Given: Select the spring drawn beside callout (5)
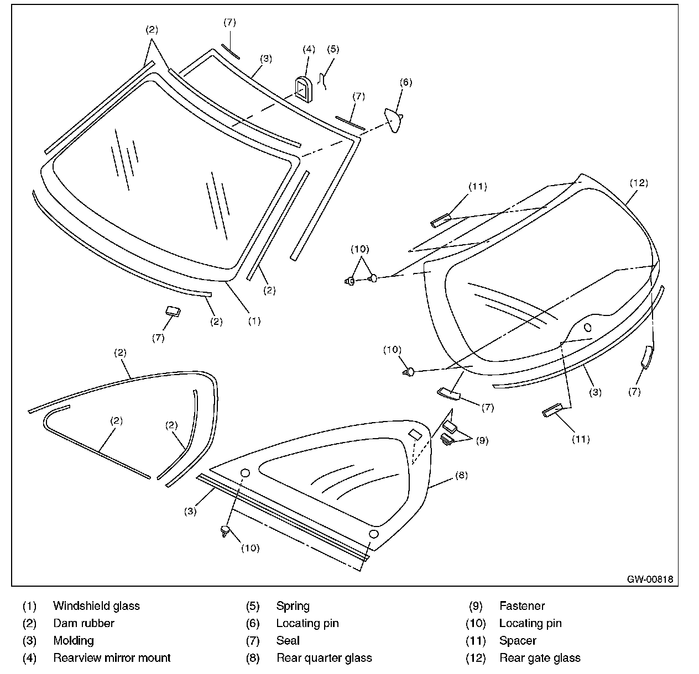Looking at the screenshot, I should pos(325,80).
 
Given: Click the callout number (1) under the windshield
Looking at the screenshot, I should pos(254,320).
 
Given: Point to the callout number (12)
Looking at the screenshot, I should pos(639,183).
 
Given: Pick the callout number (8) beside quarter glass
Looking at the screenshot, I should pos(461,475).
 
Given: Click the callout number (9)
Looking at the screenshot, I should pos(482,441).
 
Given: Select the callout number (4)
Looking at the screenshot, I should pos(309,49).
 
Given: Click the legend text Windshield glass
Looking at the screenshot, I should pos(96,605).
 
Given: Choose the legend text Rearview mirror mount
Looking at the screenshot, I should pos(112,657).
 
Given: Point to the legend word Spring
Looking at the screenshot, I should pos(293,606).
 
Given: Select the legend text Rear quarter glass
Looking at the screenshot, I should pos(324,657).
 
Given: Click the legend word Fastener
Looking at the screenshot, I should pos(521,606).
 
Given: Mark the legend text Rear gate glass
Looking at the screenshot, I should pos(539,657).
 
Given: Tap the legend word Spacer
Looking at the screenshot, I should pos(518,640).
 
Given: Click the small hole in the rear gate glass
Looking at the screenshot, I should pos(587,326).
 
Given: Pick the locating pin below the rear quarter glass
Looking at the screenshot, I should pos(225,531).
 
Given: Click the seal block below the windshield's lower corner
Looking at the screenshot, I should pos(173,310).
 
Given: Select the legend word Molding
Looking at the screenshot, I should pos(74,640).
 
